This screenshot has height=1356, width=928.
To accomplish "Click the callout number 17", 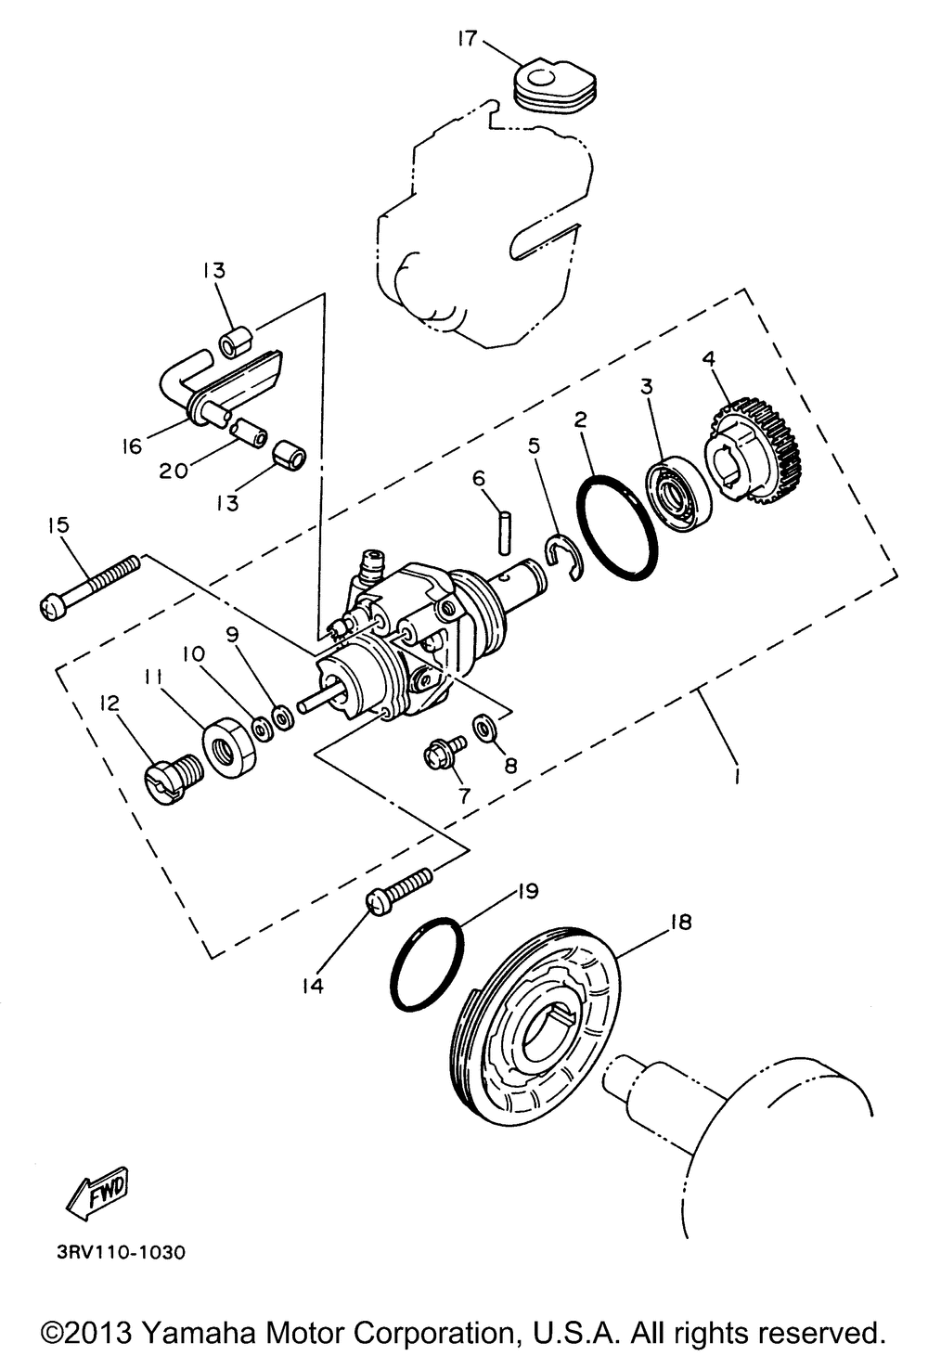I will [467, 38].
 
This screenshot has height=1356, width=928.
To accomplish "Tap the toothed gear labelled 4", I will [750, 447].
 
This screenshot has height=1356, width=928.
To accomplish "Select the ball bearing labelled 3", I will [678, 493].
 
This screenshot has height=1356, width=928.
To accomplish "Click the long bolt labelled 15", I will [90, 584].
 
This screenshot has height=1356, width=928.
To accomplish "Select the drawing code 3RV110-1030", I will [114, 1252].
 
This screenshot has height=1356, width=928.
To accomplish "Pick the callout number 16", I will [132, 446].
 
